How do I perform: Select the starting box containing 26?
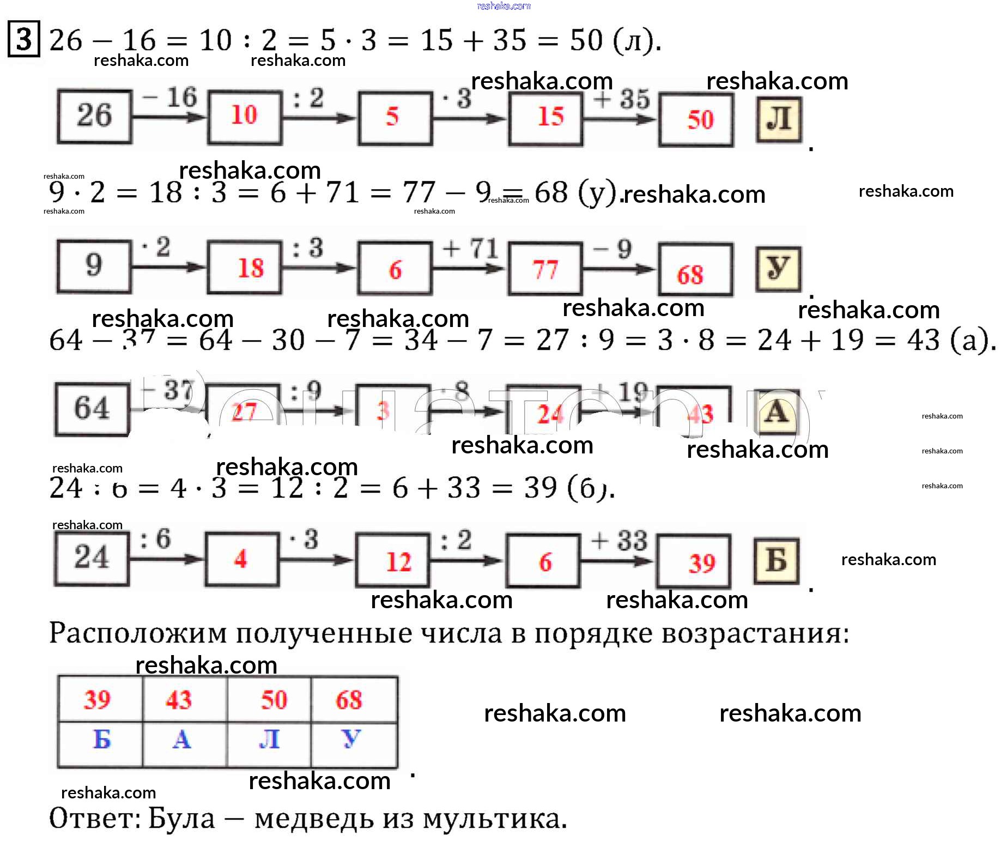click(x=95, y=116)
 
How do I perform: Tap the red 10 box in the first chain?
click(x=245, y=116)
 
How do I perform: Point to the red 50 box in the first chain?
click(x=696, y=120)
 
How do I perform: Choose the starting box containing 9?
click(x=94, y=266)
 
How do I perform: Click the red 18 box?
click(x=245, y=268)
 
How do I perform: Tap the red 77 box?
click(x=545, y=269)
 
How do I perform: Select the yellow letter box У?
click(x=778, y=269)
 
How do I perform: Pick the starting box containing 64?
click(x=92, y=409)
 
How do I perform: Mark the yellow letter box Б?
click(x=777, y=561)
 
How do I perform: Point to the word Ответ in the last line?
click(x=90, y=819)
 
